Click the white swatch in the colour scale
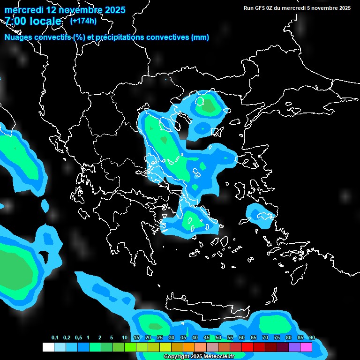(x=48, y=347)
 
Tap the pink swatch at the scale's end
(x=306, y=347)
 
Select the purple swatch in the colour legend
(x=294, y=347)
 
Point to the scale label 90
(x=312, y=337)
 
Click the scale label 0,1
(x=55, y=337)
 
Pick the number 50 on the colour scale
(x=218, y=337)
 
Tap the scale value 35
(x=183, y=337)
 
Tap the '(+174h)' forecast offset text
(x=83, y=21)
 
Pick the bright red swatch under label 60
(x=247, y=347)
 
